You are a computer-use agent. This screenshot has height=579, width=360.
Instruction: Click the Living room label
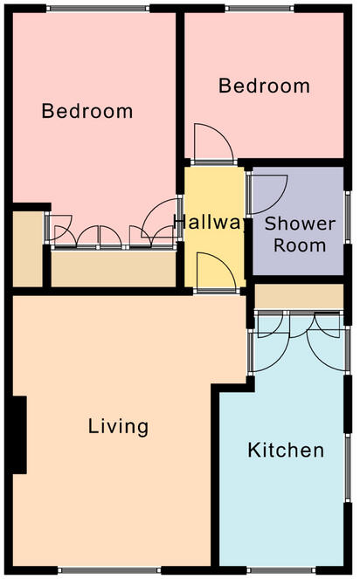(x=118, y=427)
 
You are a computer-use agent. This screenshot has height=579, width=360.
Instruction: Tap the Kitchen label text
(x=286, y=450)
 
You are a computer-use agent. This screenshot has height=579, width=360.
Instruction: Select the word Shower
(x=300, y=224)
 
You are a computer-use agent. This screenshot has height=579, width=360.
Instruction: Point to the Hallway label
(x=210, y=223)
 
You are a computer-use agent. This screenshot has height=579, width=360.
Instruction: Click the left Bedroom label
(x=87, y=111)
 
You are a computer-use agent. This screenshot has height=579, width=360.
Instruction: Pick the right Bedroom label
(x=264, y=86)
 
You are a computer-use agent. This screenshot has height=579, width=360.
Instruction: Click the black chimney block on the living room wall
(x=18, y=435)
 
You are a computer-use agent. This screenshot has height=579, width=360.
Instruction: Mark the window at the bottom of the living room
(x=109, y=570)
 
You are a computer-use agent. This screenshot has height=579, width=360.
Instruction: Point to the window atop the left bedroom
(x=98, y=8)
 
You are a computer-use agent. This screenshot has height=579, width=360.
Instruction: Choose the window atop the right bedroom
(x=260, y=8)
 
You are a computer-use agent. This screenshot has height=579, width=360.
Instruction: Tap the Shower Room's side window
(x=348, y=217)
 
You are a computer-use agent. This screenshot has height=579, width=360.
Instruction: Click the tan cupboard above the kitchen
(x=299, y=297)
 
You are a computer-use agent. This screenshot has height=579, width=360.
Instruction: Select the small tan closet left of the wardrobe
(x=28, y=249)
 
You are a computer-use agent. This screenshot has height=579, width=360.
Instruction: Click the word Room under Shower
(x=300, y=245)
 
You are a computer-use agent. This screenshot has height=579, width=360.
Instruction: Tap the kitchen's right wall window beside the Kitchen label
(x=348, y=467)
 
